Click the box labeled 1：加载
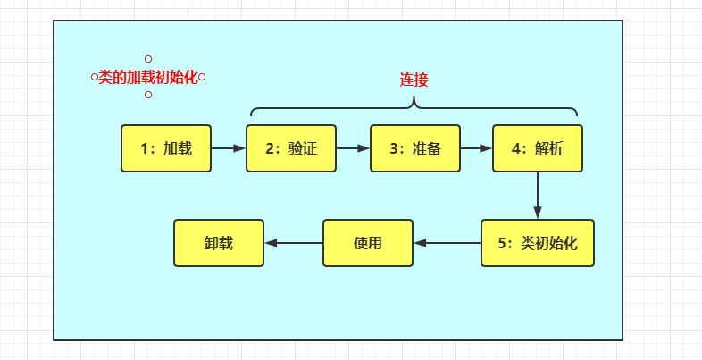(166, 148)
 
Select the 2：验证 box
(291, 148)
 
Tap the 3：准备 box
(415, 148)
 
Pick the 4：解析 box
(538, 148)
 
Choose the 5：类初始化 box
(538, 243)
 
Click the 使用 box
(368, 243)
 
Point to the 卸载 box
(219, 243)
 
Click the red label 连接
(414, 80)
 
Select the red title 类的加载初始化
(148, 77)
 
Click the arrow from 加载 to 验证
(229, 148)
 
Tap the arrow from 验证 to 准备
(353, 148)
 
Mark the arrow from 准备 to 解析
(476, 148)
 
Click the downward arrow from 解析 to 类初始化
(538, 195)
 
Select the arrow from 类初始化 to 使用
(447, 243)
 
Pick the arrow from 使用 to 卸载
(293, 243)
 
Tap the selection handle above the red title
(148, 59)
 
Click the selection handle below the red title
(148, 95)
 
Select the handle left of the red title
(95, 77)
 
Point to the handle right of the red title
(202, 77)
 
